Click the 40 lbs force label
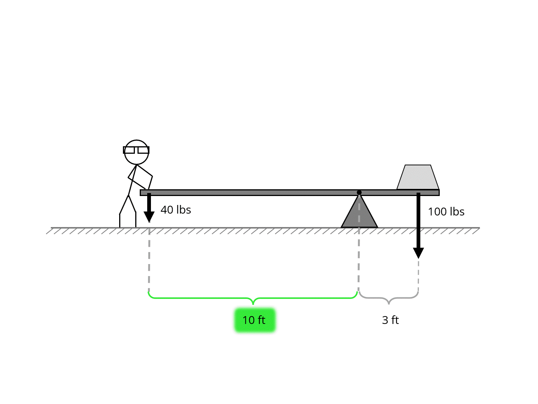point(176,210)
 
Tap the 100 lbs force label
point(446,212)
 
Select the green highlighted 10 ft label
point(254,320)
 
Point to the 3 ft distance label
point(390,320)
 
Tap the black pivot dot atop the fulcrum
point(359,192)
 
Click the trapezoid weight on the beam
point(418,178)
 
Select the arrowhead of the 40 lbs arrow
point(149,217)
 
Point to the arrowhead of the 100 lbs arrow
point(418,253)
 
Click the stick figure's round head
point(136,157)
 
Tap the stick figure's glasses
point(136,150)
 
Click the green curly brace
point(253,298)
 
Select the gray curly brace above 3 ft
point(389,298)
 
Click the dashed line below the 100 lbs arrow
point(418,275)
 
